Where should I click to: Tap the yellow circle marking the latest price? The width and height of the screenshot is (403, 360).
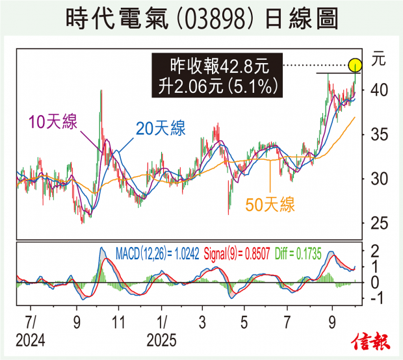tap(355, 65)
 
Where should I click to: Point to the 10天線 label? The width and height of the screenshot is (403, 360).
tap(53, 122)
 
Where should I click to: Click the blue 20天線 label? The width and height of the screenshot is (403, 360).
tap(160, 129)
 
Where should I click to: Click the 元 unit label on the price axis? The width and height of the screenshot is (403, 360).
tap(378, 60)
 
